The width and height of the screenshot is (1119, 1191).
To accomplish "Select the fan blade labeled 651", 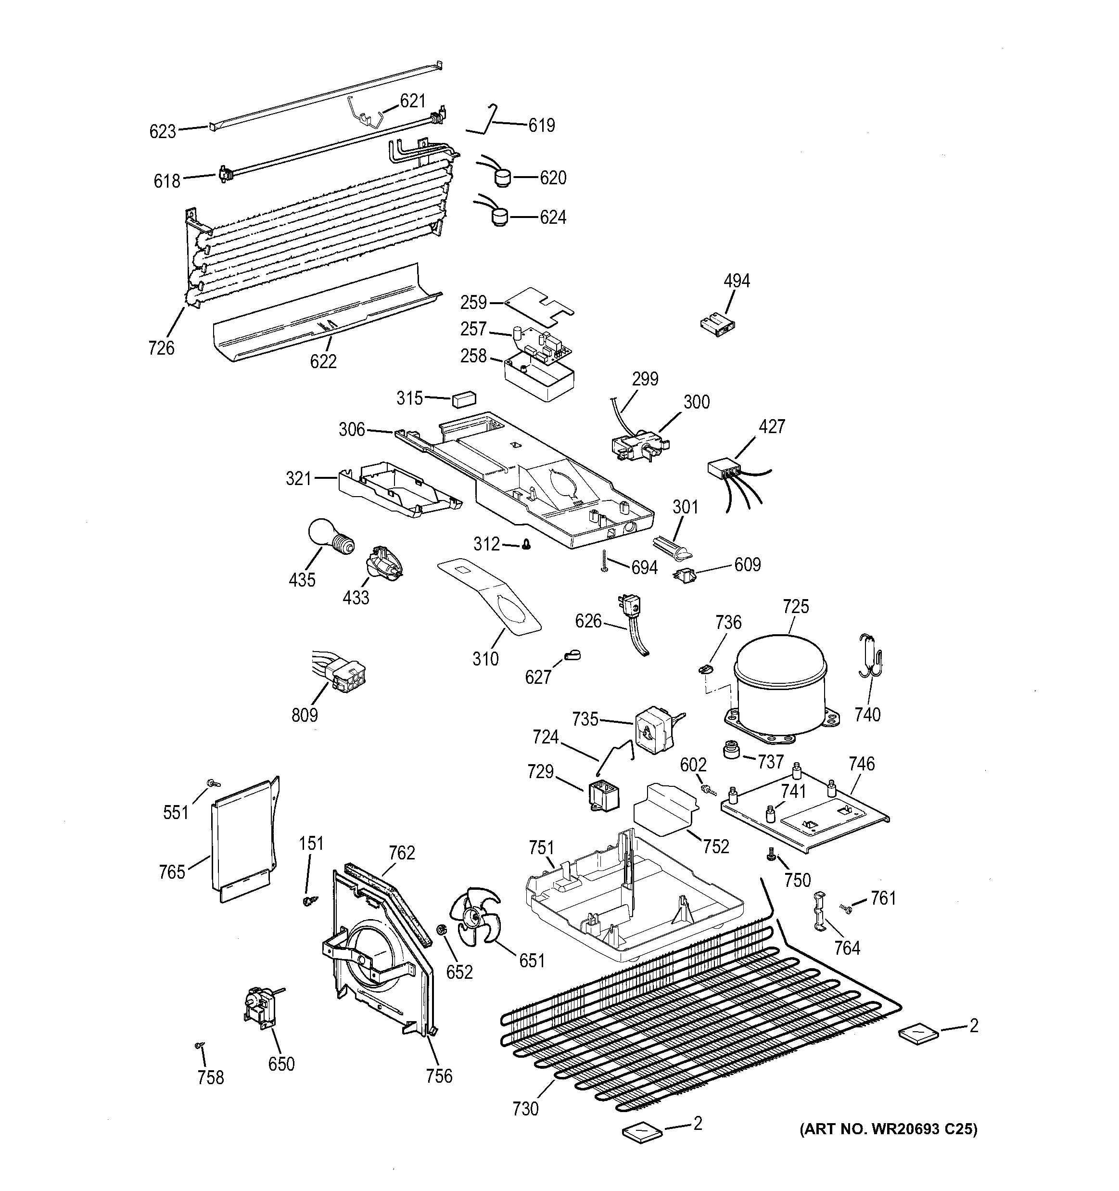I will click(477, 921).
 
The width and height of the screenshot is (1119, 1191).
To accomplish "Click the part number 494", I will click(736, 281).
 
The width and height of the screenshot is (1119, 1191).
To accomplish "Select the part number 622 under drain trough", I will click(323, 361).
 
